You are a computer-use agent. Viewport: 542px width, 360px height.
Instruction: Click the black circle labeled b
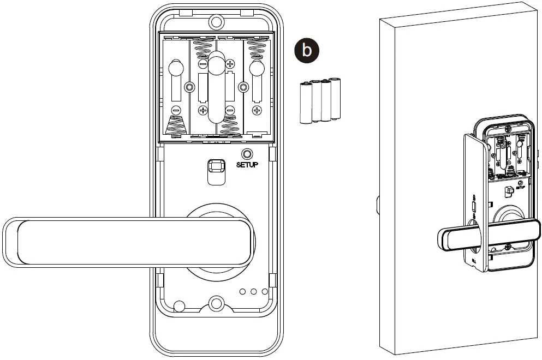(307, 51)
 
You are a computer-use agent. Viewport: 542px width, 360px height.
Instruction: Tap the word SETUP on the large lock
(247, 164)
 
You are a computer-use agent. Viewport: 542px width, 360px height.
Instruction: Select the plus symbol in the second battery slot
(202, 111)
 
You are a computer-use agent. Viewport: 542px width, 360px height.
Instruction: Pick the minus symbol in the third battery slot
(230, 111)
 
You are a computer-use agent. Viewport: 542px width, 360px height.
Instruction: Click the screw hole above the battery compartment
(217, 22)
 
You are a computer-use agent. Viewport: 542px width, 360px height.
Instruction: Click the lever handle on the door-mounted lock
(464, 238)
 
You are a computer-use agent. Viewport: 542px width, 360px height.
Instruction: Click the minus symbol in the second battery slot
(202, 64)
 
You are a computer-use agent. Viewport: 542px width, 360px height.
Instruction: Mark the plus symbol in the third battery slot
(230, 64)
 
